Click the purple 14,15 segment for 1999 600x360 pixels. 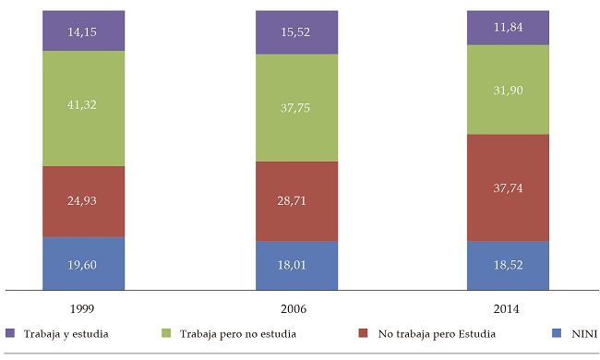click(x=83, y=31)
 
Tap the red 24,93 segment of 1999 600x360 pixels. click(x=83, y=201)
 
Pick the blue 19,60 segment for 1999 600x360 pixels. click(x=83, y=263)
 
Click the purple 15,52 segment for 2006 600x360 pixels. click(x=296, y=33)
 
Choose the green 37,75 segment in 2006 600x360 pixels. click(x=296, y=107)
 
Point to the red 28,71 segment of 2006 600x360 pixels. click(x=296, y=201)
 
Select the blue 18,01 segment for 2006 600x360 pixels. click(x=296, y=265)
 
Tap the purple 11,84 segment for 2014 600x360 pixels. click(x=509, y=28)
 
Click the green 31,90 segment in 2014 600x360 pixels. click(x=509, y=90)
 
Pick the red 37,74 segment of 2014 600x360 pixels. click(x=509, y=187)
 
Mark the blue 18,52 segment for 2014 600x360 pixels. click(x=509, y=265)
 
